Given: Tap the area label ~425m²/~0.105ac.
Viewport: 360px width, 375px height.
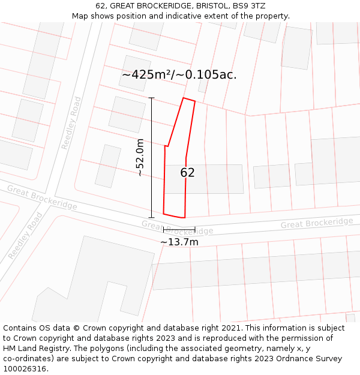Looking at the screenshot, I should (179, 75).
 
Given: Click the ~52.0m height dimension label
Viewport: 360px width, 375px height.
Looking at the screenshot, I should (140, 157).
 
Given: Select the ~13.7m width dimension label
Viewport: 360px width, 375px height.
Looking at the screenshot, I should (179, 242).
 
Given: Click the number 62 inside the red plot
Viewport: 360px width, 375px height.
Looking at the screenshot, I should (188, 173).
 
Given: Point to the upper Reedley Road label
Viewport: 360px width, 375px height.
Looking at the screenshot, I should (71, 123).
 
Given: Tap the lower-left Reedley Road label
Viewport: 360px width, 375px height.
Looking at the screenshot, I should (26, 236).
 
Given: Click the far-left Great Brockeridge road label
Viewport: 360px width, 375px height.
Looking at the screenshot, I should (42, 197).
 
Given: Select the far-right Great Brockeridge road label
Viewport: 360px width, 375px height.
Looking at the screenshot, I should (317, 223).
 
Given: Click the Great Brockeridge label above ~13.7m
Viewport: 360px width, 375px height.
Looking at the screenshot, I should (178, 227).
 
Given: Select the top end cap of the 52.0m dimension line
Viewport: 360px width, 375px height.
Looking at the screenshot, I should (151, 98).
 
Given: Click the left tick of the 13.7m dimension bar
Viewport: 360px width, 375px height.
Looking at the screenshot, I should (163, 229).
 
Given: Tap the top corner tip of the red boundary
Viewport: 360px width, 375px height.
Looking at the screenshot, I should (184, 98).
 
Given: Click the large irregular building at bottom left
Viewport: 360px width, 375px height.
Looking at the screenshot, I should (84, 282).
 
